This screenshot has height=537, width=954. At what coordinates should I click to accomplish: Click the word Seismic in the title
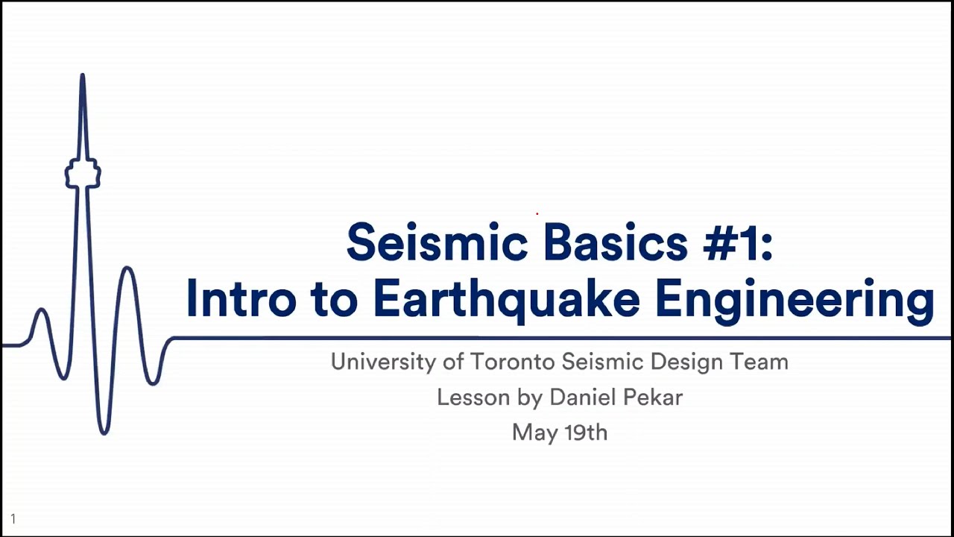click(437, 243)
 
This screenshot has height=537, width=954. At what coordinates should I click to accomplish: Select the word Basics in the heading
click(615, 243)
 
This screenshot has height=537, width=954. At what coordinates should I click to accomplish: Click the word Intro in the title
click(240, 298)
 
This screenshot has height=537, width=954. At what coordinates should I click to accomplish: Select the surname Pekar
click(654, 398)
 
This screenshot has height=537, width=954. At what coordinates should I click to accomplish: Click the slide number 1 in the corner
click(13, 518)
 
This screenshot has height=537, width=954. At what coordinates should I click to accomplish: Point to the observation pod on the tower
click(83, 174)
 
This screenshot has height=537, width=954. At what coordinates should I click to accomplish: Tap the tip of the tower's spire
click(83, 75)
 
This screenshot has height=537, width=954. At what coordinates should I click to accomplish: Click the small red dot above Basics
click(537, 213)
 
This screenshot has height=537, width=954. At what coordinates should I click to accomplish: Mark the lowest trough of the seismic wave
click(104, 432)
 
